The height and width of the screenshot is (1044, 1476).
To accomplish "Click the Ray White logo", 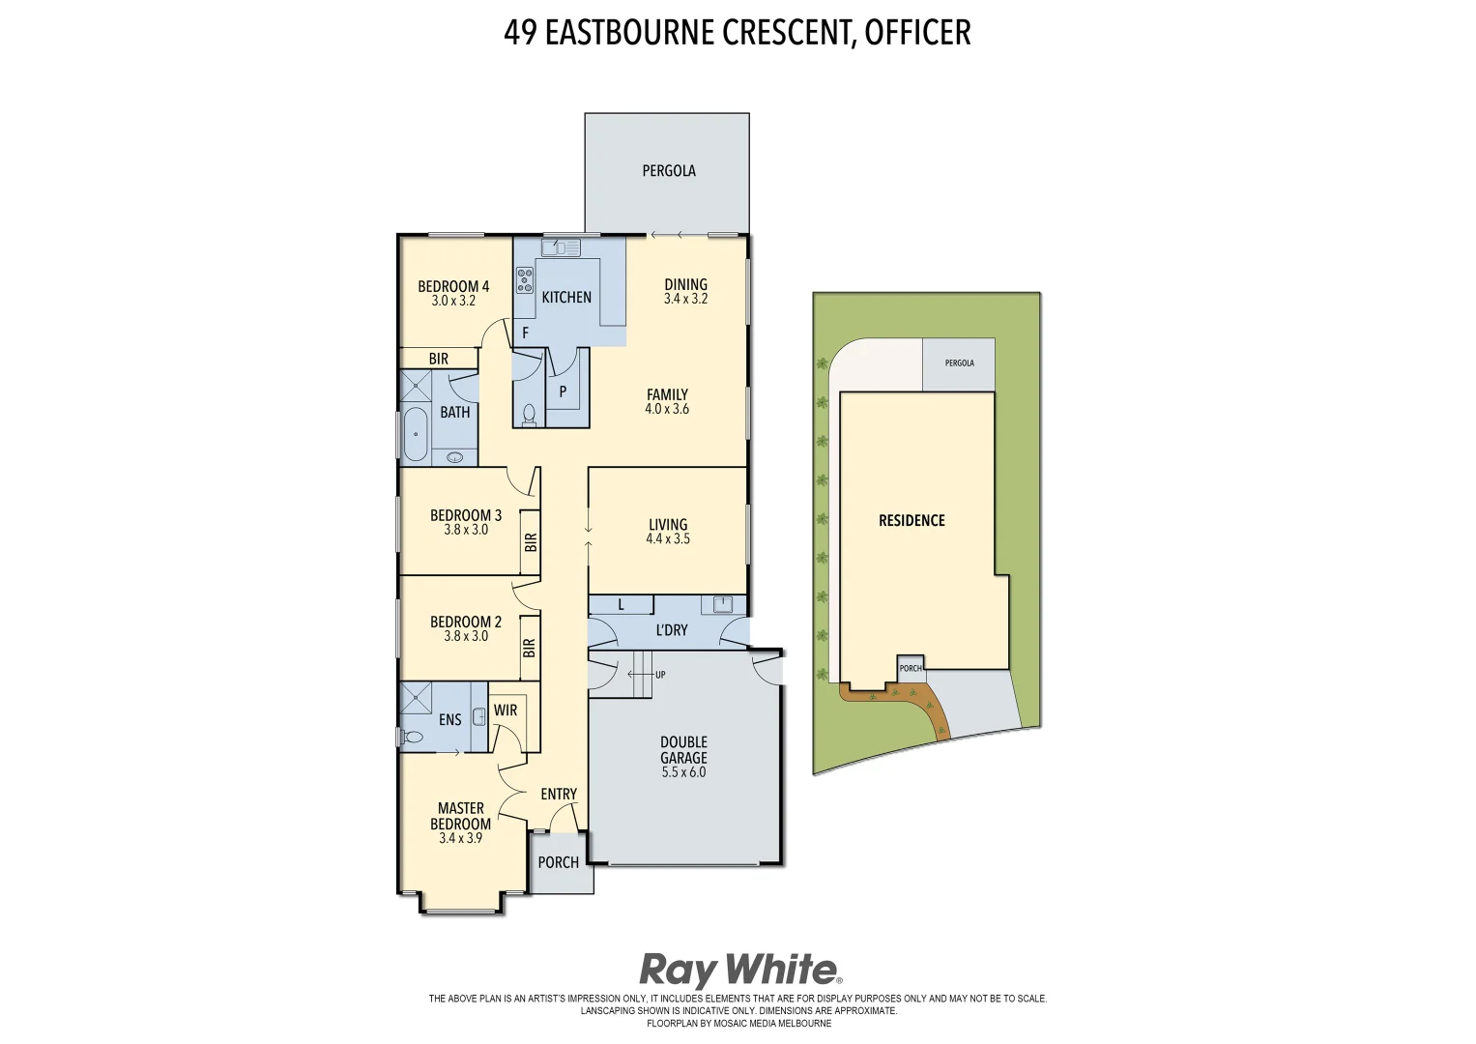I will [x=739, y=970].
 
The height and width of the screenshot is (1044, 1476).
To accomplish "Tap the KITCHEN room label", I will [x=566, y=298].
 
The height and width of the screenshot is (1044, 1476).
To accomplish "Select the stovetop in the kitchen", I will [x=524, y=280].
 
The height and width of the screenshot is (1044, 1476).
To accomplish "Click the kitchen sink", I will [x=561, y=248].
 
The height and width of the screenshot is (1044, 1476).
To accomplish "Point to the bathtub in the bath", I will [x=415, y=434].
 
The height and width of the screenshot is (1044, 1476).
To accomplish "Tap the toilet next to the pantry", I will [x=529, y=415].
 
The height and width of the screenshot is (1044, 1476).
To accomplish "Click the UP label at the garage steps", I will [x=660, y=675].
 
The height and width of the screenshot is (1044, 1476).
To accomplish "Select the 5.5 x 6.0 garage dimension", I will [x=683, y=772].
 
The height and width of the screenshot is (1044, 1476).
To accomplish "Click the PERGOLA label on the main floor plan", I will [x=669, y=171].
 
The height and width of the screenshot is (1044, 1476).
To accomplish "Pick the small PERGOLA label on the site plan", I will [x=959, y=363].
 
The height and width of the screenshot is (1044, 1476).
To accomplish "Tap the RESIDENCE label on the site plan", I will [x=912, y=521].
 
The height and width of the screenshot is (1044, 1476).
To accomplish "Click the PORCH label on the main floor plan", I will [x=559, y=862].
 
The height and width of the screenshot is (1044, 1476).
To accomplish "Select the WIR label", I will [x=506, y=710].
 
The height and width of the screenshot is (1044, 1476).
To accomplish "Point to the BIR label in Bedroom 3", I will [x=530, y=542].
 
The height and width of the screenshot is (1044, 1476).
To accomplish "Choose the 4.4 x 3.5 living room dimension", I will [x=668, y=539].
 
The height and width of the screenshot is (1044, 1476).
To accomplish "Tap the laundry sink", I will [x=722, y=604].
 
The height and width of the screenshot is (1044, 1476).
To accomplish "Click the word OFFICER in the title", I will [x=917, y=33].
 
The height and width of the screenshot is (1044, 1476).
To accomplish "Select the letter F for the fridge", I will [x=526, y=333].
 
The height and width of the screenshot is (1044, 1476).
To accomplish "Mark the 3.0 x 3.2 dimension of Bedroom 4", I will [x=453, y=301].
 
